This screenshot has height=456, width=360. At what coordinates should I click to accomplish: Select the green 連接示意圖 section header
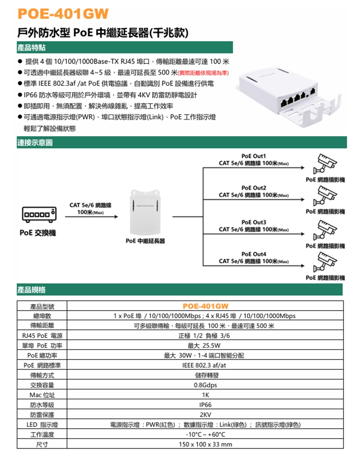click(x=35, y=143)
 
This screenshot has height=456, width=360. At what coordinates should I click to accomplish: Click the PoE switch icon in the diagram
click(x=38, y=213)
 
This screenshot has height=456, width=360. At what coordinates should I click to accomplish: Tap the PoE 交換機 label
click(x=37, y=233)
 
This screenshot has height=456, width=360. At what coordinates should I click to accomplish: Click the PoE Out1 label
click(x=254, y=156)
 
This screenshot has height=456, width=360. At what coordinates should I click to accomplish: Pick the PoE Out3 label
click(x=254, y=222)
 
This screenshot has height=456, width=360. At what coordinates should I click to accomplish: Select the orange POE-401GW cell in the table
click(x=205, y=306)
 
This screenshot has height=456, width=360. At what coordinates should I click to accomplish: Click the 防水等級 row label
click(x=42, y=405)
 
